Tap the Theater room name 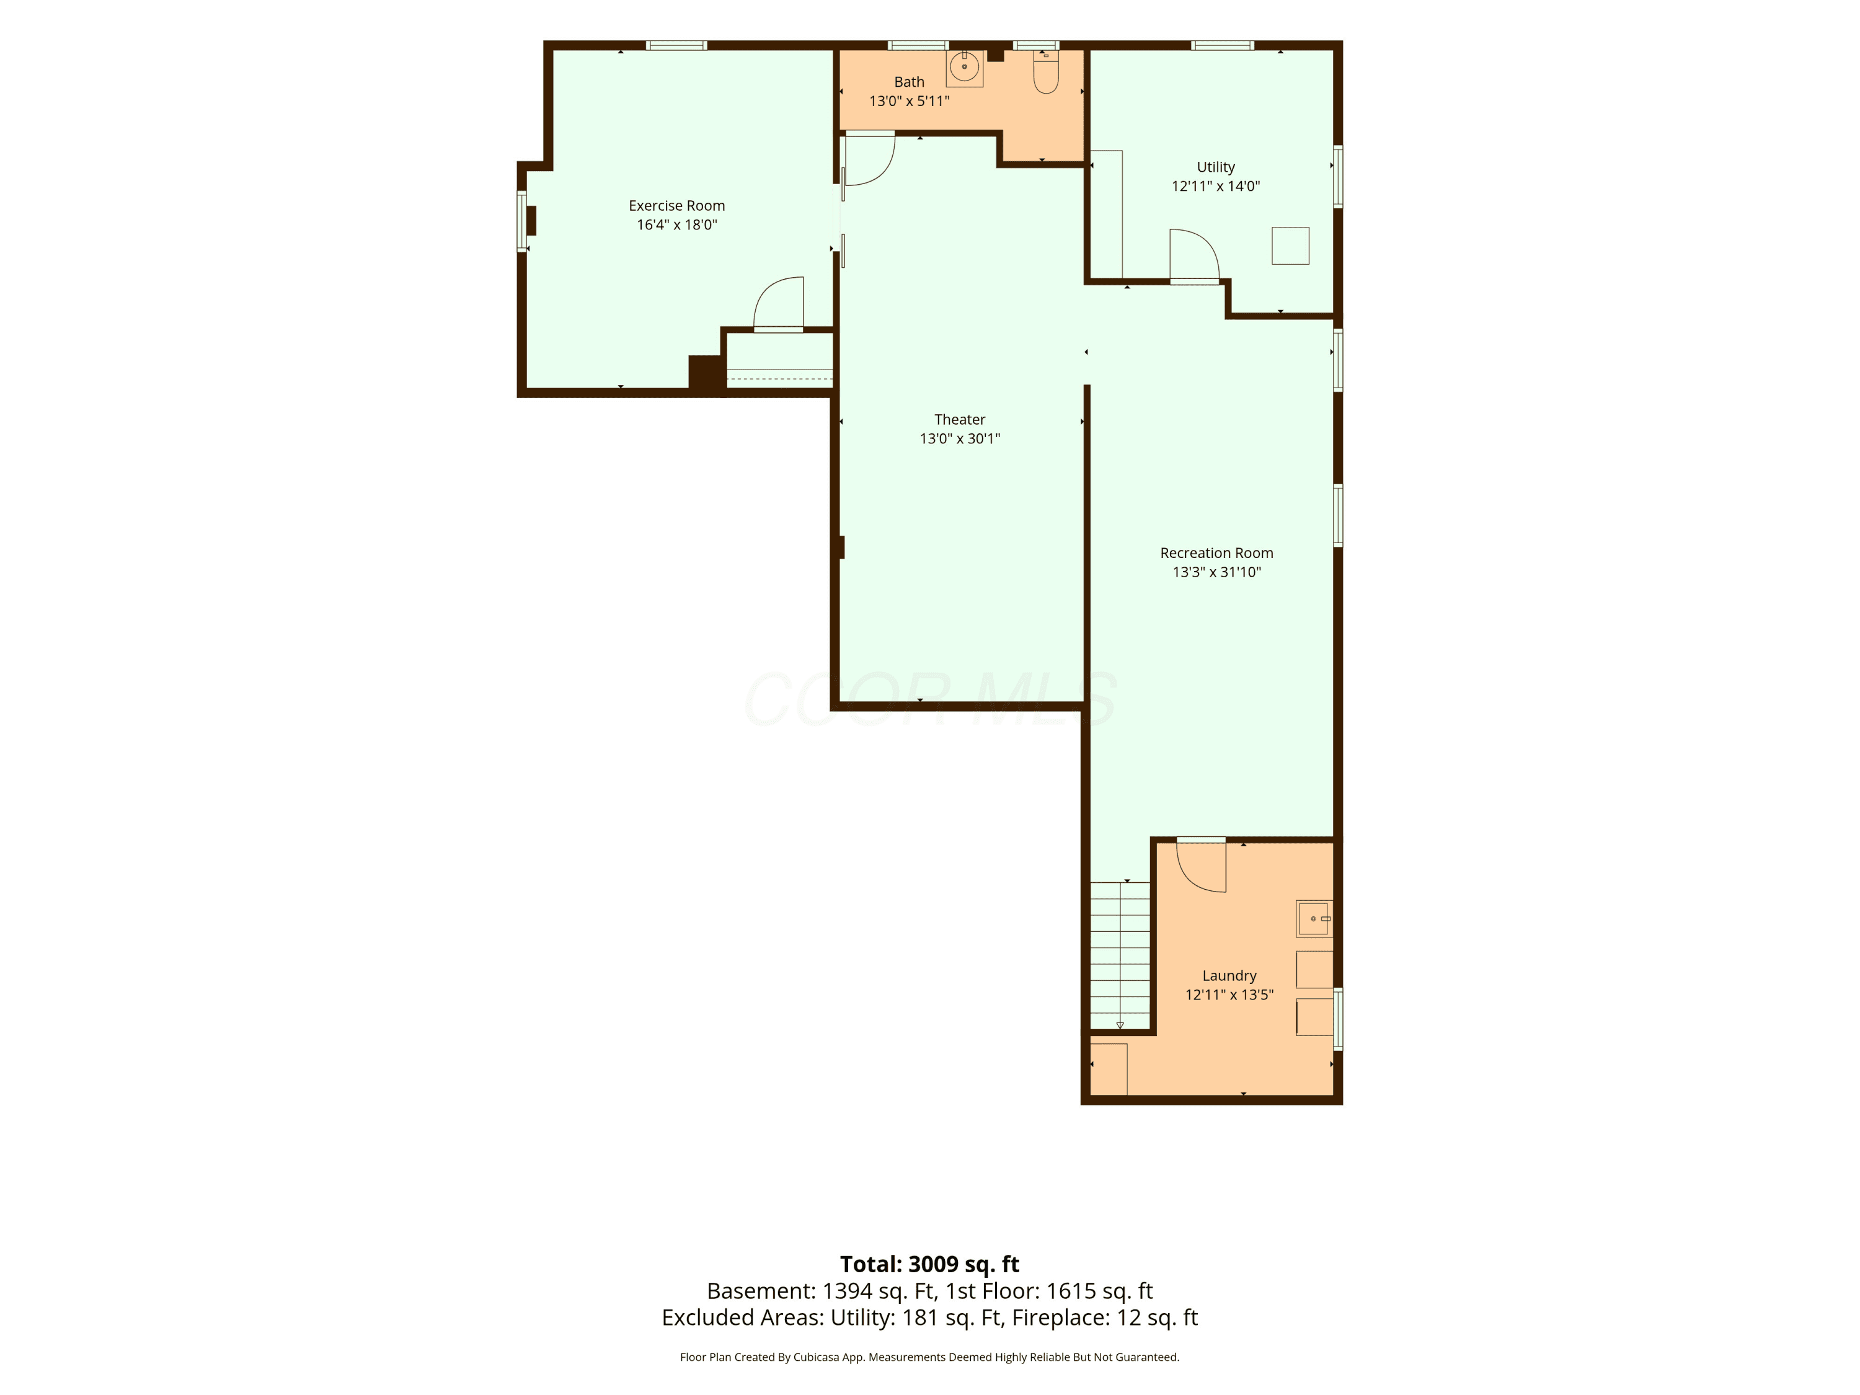pyautogui.click(x=959, y=420)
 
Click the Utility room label pyautogui.click(x=1216, y=167)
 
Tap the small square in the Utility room pyautogui.click(x=1290, y=246)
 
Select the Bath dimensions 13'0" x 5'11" pyautogui.click(x=909, y=102)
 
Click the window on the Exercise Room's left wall pyautogui.click(x=521, y=221)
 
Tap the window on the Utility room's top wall pyautogui.click(x=1223, y=45)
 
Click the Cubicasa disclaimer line pyautogui.click(x=929, y=1357)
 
